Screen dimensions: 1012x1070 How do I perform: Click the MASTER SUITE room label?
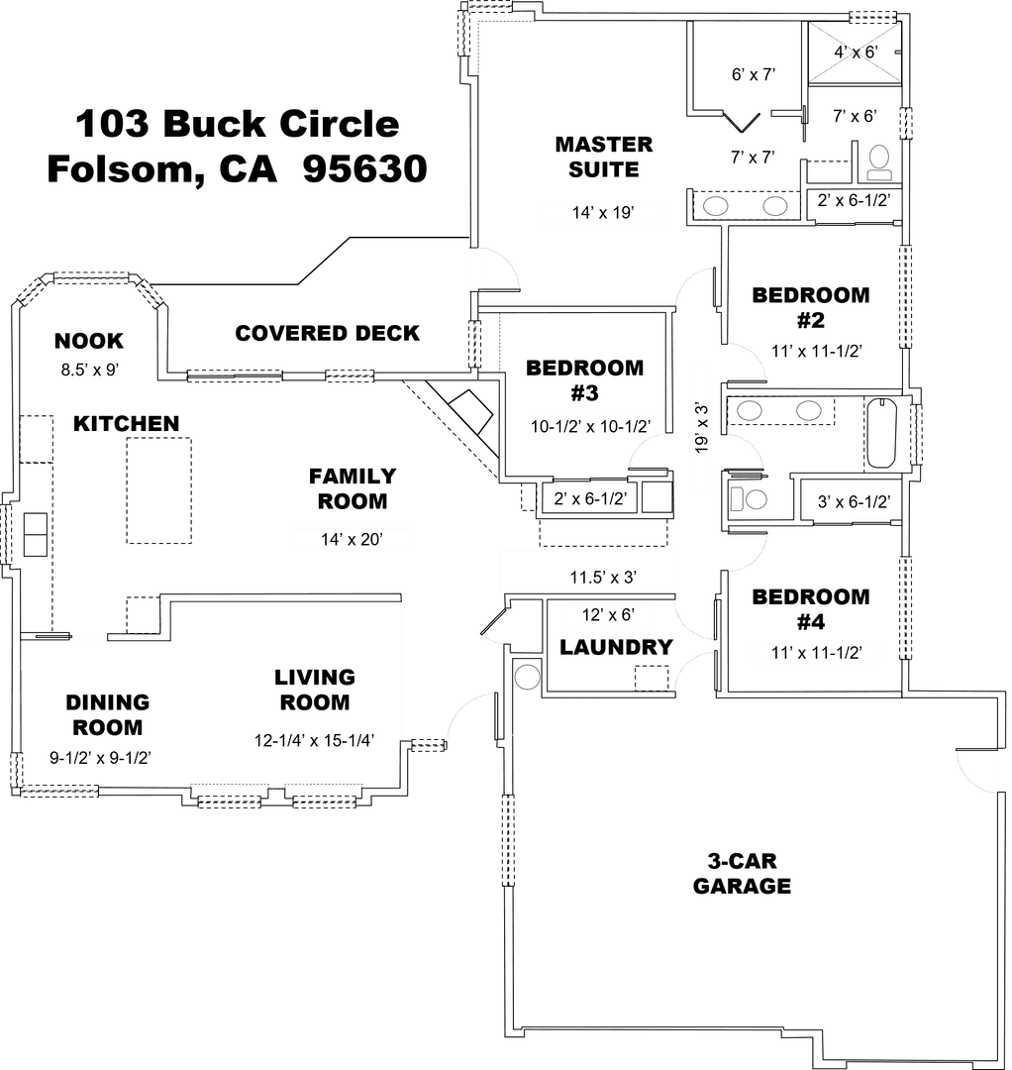pos(603,157)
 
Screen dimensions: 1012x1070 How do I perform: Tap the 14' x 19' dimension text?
pos(603,212)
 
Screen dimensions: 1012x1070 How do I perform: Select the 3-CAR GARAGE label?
pos(742,874)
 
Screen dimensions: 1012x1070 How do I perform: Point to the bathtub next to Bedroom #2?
pos(880,433)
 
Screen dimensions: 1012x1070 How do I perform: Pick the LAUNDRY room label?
pos(617,647)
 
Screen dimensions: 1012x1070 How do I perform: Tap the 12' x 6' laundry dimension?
pos(608,615)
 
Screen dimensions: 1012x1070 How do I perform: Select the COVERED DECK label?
pos(328,333)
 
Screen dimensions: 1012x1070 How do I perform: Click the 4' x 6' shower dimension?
pos(856,52)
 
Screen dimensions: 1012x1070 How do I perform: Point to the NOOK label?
pos(89,341)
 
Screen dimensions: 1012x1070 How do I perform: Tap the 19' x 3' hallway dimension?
pos(701,428)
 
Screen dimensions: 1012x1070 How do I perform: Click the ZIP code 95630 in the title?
pos(364,167)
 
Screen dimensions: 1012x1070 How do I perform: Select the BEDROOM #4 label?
pos(811,608)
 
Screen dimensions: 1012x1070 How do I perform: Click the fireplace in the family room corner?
pos(470,411)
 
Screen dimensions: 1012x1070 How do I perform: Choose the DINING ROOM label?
pos(108,714)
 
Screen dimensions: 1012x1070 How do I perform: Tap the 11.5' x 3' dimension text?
pos(603,578)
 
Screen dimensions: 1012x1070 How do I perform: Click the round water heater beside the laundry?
pos(527,677)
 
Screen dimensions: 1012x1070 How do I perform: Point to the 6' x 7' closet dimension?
pos(754,74)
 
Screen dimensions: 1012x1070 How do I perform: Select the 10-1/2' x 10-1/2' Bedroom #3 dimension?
pos(590,426)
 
